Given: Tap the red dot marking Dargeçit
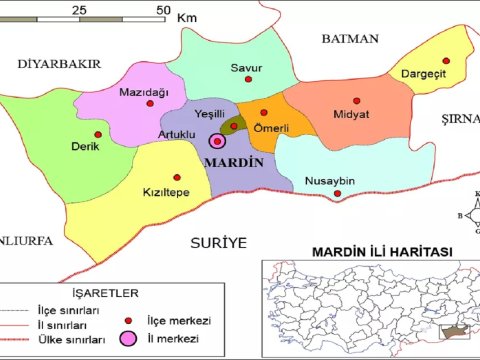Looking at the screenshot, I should [x=447, y=62].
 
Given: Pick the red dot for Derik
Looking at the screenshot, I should [x=97, y=134].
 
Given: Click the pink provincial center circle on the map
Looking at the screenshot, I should [x=217, y=140].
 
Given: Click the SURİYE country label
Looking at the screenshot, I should [x=219, y=242].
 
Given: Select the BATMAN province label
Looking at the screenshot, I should [x=350, y=39].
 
